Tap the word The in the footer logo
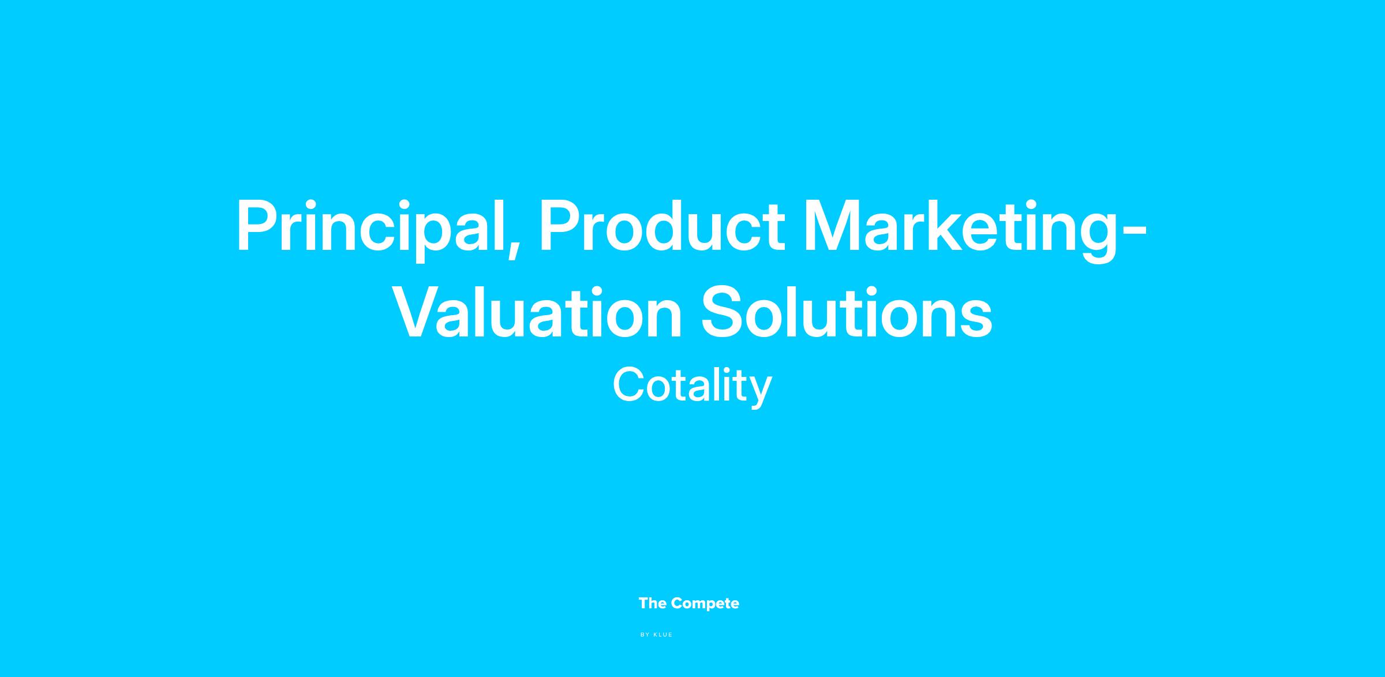pyautogui.click(x=653, y=604)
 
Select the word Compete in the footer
pyautogui.click(x=705, y=604)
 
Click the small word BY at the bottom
pyautogui.click(x=645, y=635)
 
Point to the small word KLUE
pyautogui.click(x=663, y=635)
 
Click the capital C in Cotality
pyautogui.click(x=629, y=385)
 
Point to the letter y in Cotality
pyautogui.click(x=760, y=392)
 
